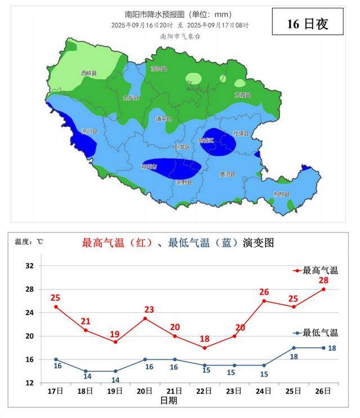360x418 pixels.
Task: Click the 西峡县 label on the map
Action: (x=89, y=73)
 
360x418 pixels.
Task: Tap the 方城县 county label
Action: (x=243, y=95)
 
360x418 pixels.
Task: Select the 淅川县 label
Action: (x=89, y=131)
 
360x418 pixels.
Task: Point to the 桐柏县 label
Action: (x=281, y=194)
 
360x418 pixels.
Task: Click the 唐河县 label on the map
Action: (x=227, y=174)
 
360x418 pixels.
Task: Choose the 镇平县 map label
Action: (x=163, y=119)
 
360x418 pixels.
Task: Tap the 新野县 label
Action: (x=184, y=182)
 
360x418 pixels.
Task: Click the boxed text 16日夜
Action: (x=307, y=24)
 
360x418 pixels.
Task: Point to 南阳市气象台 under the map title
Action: (x=180, y=36)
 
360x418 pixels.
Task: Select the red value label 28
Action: (x=323, y=281)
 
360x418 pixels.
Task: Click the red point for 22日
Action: (x=205, y=348)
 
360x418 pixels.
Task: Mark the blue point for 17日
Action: (x=56, y=359)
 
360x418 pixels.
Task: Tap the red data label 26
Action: (x=264, y=292)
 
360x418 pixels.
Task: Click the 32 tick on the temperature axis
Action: (x=30, y=266)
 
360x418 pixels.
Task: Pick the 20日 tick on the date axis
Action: (x=145, y=390)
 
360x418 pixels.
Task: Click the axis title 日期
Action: (x=168, y=401)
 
